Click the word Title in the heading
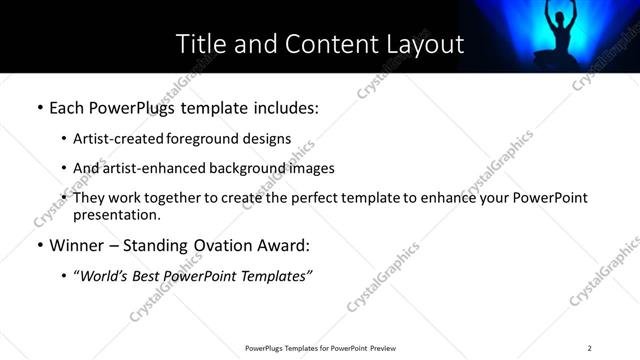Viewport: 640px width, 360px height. tap(197, 44)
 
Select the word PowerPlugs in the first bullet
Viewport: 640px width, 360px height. tap(124, 105)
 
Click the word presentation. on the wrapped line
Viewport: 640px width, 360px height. tap(116, 215)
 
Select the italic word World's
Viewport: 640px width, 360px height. tap(105, 275)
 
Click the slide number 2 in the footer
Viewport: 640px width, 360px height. tap(589, 348)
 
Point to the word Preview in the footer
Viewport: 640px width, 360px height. tap(385, 348)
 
